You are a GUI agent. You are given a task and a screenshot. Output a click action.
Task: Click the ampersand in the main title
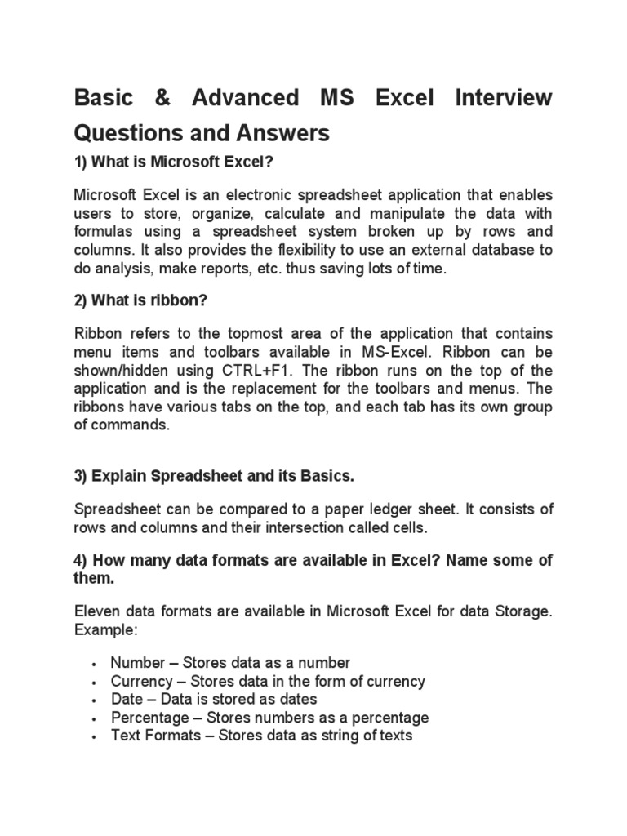click(x=151, y=99)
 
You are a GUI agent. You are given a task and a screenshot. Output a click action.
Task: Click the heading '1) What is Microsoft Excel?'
click(x=172, y=163)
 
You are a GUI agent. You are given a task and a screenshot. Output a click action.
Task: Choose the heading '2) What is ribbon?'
click(x=141, y=300)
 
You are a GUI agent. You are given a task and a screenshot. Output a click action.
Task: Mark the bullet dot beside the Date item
click(x=96, y=700)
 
